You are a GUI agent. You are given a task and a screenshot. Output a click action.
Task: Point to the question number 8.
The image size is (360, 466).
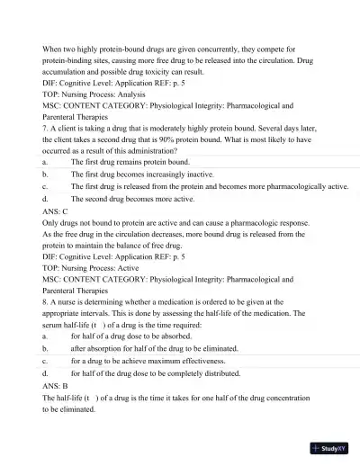[x=45, y=302]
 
